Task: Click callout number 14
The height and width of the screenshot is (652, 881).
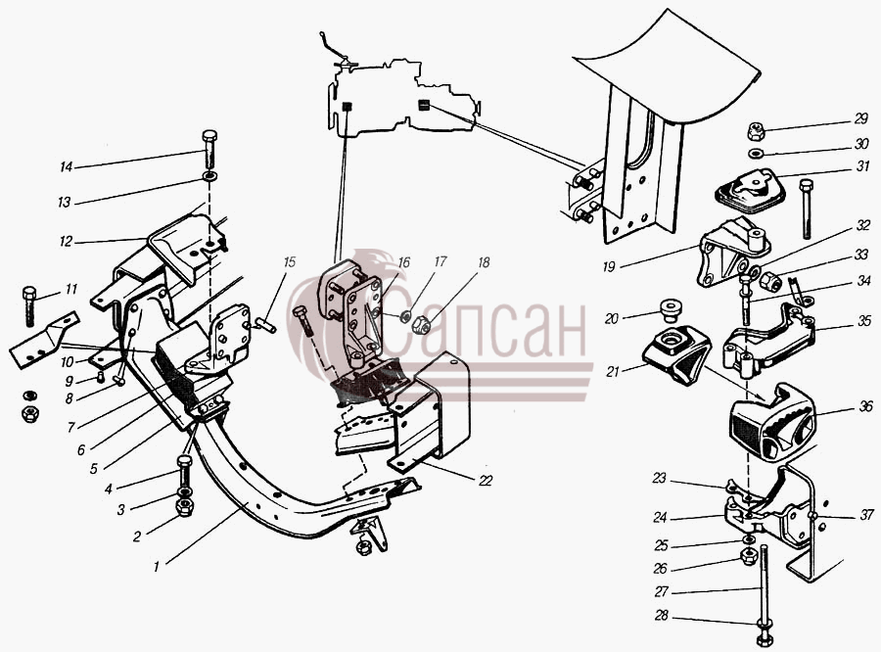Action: (67, 167)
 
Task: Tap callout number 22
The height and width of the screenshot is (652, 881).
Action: (486, 481)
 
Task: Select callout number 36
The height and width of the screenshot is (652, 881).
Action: (866, 406)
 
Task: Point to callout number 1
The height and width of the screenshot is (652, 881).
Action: (157, 566)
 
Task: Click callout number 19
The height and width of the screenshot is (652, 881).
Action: (609, 266)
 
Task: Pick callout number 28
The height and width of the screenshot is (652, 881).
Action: (662, 616)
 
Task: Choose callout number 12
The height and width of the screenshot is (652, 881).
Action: (66, 241)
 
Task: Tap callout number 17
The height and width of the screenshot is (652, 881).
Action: (440, 261)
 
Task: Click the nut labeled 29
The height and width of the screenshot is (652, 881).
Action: (756, 132)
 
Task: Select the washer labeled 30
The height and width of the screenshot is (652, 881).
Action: (757, 153)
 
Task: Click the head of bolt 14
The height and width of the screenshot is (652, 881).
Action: (209, 136)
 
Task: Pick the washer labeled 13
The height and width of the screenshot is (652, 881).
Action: (210, 177)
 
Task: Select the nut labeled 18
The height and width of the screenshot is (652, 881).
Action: (422, 324)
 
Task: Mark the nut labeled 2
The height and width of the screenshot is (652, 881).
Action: (184, 507)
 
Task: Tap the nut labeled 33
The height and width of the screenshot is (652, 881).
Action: (768, 281)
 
